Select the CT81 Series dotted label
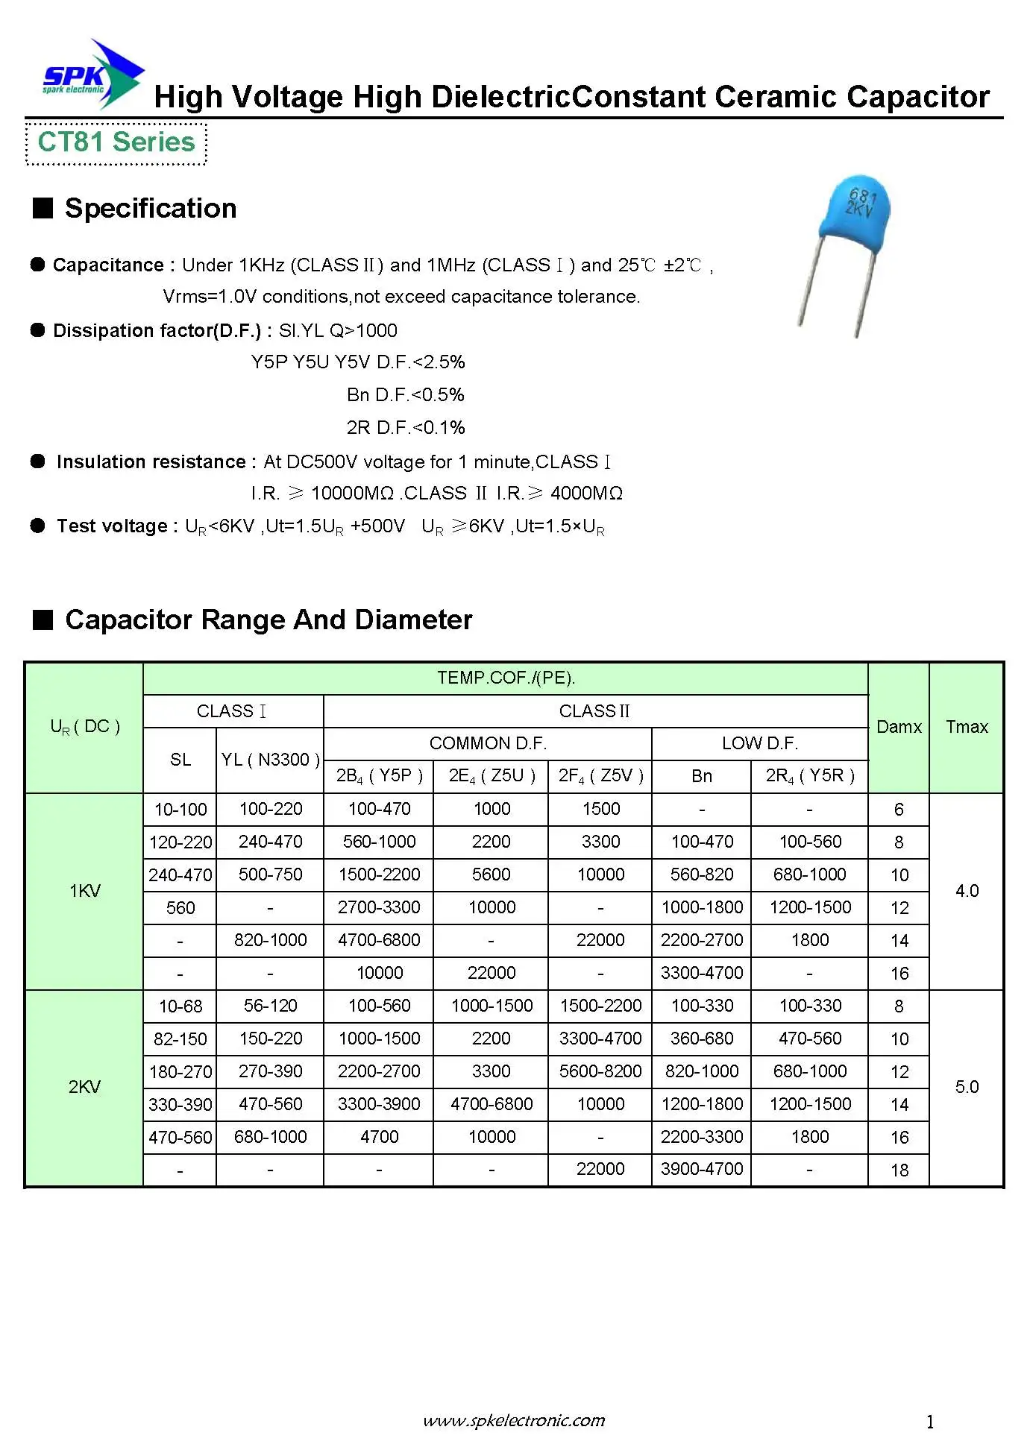coord(116,142)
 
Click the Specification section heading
coord(150,209)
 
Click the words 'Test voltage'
coord(112,526)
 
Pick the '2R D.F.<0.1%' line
coord(405,428)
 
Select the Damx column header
coord(899,727)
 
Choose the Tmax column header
coord(967,727)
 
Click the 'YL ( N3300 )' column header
coord(270,760)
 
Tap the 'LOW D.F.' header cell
coord(759,743)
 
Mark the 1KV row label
coord(84,891)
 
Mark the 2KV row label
coord(84,1087)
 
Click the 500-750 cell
coord(270,874)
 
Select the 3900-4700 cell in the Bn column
coord(701,1169)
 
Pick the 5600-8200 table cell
coord(600,1071)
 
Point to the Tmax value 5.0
coord(967,1087)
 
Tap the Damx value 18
coord(899,1170)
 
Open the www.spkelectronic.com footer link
coord(514,1420)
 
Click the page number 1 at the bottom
coord(930,1422)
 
